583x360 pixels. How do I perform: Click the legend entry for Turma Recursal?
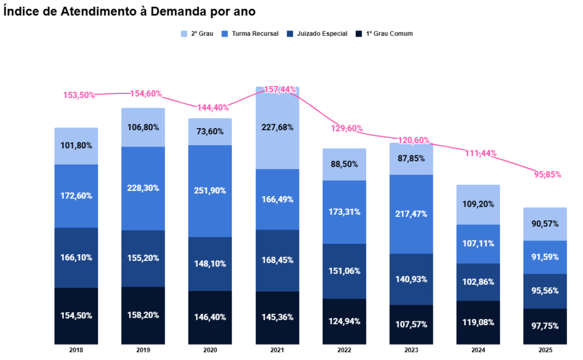(251, 34)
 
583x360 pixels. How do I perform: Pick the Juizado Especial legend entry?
(317, 34)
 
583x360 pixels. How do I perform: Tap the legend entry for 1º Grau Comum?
(384, 34)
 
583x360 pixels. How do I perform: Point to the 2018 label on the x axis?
(76, 350)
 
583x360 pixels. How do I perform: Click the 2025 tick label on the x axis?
(545, 350)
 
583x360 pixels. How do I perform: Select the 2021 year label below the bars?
(277, 350)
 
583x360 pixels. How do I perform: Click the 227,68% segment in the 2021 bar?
(277, 128)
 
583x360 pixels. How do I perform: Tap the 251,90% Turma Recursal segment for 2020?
(210, 190)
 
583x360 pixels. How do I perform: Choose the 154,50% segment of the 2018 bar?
(76, 316)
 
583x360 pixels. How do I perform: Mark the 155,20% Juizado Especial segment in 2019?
(143, 257)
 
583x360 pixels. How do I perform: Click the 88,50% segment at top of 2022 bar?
(344, 164)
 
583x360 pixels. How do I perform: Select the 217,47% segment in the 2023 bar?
(411, 214)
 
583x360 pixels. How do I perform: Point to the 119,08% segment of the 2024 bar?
(478, 322)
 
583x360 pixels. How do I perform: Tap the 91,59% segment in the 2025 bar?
(545, 257)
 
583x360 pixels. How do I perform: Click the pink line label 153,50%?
(79, 95)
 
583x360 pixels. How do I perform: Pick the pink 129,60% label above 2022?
(347, 129)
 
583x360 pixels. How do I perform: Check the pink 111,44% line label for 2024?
(481, 153)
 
